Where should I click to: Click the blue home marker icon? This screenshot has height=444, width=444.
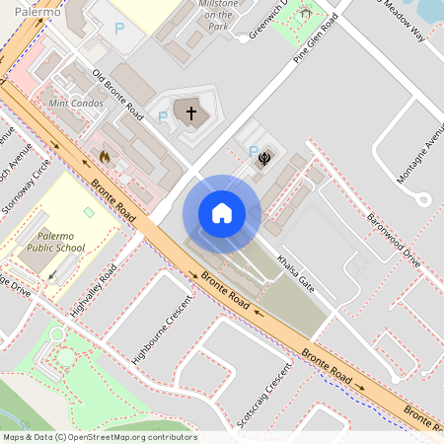click(x=221, y=212)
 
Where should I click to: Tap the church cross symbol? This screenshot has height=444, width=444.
click(x=191, y=113)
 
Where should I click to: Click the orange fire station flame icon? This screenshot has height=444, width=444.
click(x=105, y=156)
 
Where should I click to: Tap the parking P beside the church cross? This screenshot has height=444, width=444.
click(x=162, y=118)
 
